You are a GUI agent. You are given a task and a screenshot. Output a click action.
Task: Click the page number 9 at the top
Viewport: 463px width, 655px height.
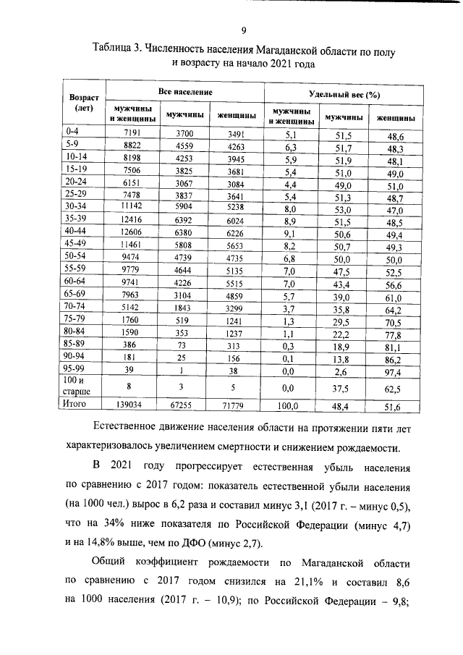[244, 30]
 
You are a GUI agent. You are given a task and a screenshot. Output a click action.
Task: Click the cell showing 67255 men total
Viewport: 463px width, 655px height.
[185, 407]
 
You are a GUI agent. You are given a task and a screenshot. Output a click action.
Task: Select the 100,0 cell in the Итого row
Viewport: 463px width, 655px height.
[289, 407]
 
